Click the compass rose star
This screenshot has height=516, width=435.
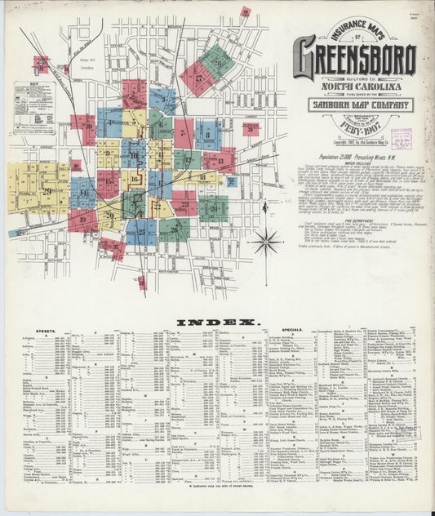point(265,242)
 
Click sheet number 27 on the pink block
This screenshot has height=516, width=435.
point(199,78)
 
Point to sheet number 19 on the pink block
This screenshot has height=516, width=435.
point(82,219)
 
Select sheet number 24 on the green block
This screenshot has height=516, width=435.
point(215,207)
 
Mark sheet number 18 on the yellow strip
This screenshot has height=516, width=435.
point(201,176)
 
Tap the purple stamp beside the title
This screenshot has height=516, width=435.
point(399,136)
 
